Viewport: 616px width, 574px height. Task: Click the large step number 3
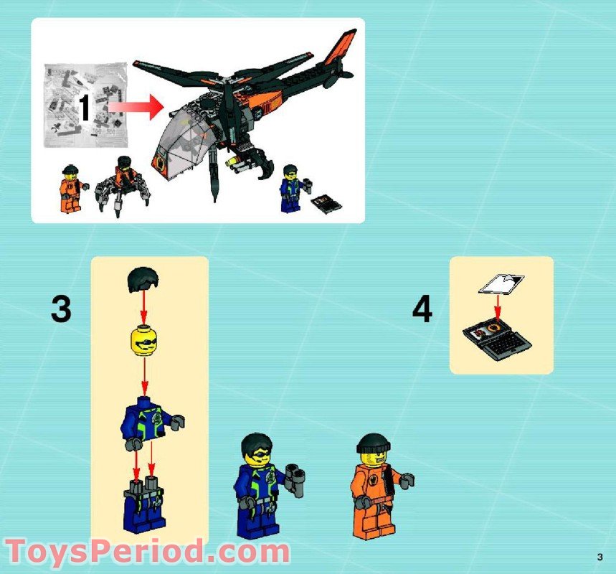point(61,309)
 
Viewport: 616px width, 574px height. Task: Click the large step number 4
point(422,309)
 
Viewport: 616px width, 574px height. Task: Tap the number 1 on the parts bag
point(84,109)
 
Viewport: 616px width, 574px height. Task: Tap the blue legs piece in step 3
point(144,506)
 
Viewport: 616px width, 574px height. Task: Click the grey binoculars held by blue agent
point(295,478)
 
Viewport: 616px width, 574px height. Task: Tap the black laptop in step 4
point(498,337)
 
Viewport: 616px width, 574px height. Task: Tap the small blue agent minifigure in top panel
point(291,187)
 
